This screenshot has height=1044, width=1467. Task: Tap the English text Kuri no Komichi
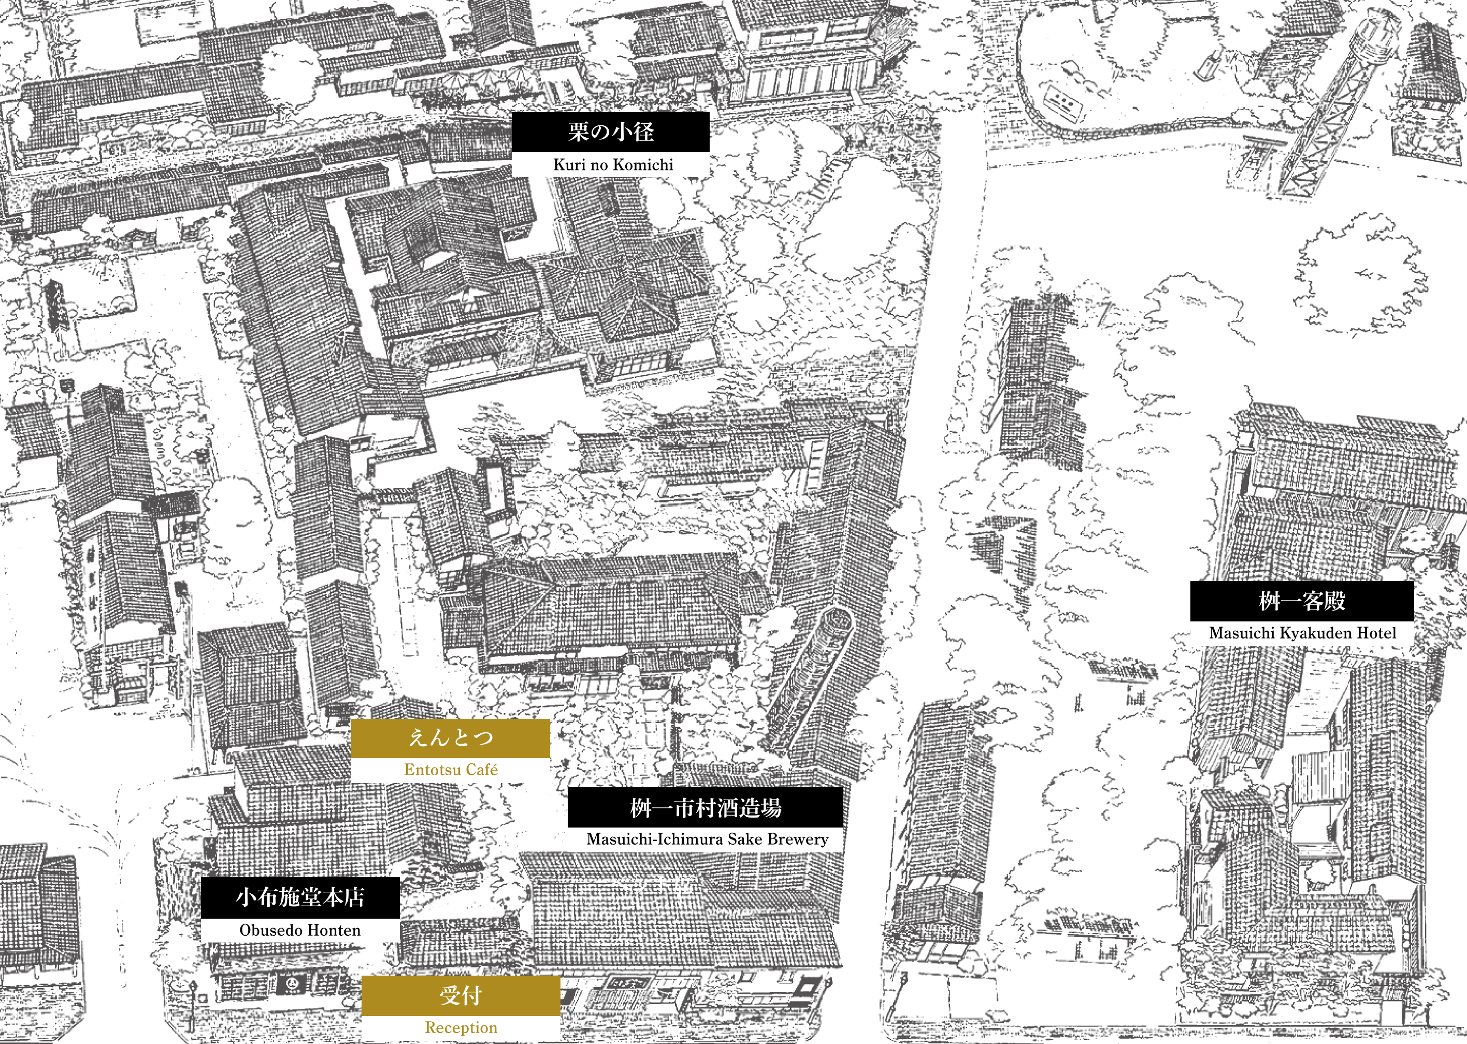[613, 165]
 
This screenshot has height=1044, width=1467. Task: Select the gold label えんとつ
[451, 738]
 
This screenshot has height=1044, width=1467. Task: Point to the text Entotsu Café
[451, 770]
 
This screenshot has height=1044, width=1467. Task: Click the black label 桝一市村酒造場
[705, 807]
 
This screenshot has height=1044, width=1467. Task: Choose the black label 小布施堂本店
[300, 897]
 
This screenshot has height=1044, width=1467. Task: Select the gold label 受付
[461, 996]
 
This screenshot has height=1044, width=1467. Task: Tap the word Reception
[461, 1028]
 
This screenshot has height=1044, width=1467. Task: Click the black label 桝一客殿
[1302, 601]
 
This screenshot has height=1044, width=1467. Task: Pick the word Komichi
[643, 165]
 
